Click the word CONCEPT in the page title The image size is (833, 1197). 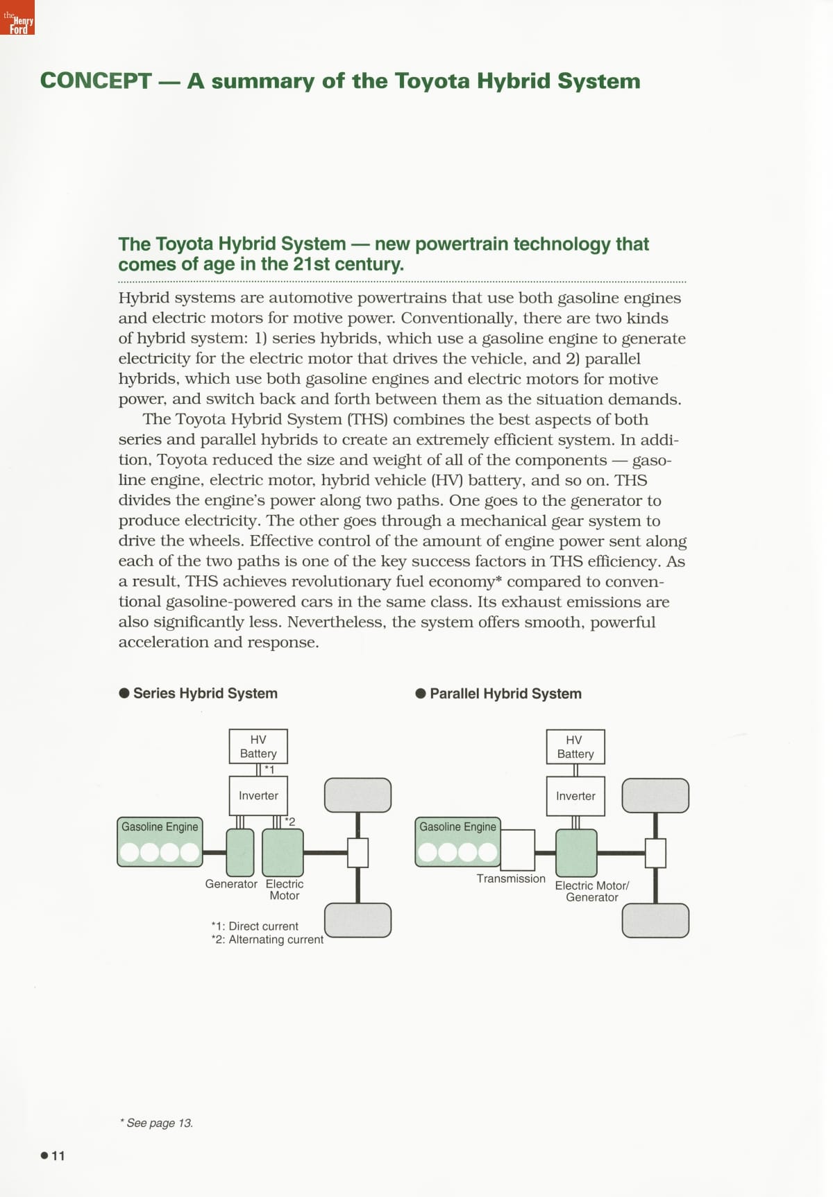click(96, 81)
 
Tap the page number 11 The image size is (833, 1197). click(58, 1155)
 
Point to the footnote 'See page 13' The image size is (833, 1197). click(157, 1123)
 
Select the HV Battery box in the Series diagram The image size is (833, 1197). click(258, 747)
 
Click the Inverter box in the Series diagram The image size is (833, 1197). click(258, 795)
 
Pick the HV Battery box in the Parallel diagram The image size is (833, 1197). click(575, 747)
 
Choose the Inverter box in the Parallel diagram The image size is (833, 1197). click(575, 796)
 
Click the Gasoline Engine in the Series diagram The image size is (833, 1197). click(160, 842)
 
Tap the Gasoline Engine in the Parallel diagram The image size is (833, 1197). click(457, 842)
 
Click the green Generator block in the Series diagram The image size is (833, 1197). click(240, 853)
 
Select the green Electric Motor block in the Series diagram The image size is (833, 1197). click(283, 853)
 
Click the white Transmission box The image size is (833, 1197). click(517, 850)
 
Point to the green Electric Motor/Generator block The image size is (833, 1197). click(576, 853)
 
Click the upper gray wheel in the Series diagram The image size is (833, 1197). click(357, 795)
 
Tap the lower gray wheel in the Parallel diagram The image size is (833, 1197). click(655, 921)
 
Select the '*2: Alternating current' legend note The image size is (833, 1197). click(267, 940)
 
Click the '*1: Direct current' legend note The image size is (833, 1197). click(255, 926)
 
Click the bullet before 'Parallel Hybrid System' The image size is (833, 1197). click(421, 694)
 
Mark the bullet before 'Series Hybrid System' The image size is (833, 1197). click(124, 693)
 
